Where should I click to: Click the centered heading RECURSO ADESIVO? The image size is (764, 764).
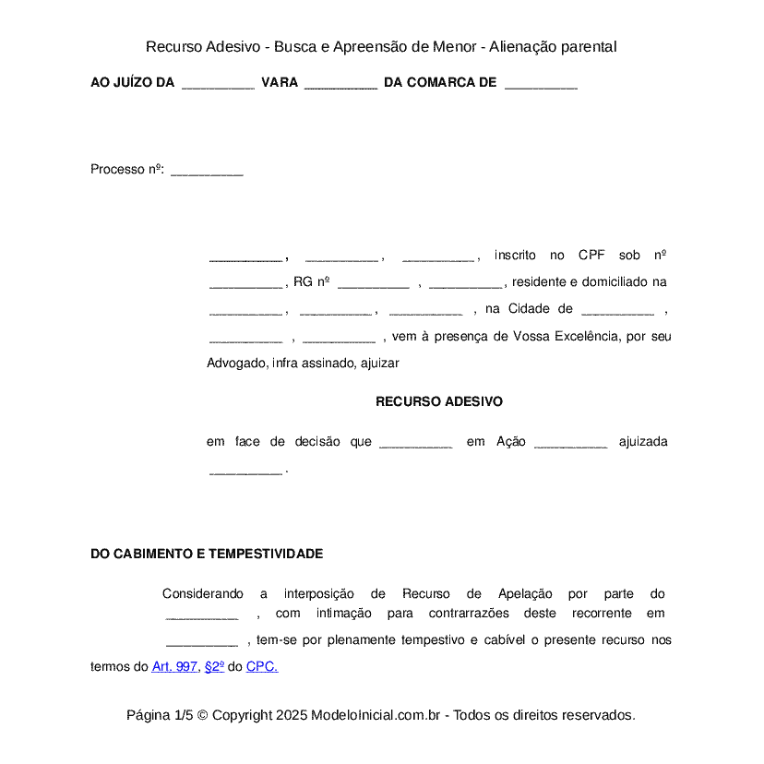(x=438, y=402)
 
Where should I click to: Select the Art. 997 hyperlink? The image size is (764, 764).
(x=174, y=666)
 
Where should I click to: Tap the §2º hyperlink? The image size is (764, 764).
(x=214, y=666)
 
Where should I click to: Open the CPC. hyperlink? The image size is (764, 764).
(x=262, y=666)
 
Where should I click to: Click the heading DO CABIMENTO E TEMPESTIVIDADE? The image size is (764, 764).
(x=207, y=554)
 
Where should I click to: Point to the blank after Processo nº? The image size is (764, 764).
(x=207, y=172)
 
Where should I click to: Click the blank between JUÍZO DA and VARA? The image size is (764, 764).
(x=218, y=85)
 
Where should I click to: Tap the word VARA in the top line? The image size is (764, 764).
(x=280, y=83)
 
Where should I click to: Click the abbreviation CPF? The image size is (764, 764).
(x=591, y=256)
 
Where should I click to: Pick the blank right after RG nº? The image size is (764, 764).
(x=373, y=285)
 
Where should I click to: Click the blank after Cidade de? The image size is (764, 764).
(x=617, y=312)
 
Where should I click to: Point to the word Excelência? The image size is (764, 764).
(x=588, y=336)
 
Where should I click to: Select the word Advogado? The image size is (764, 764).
(x=237, y=363)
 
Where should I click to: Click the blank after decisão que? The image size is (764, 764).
(x=415, y=445)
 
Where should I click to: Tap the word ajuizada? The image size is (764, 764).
(x=642, y=442)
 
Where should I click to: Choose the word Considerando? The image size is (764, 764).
(x=203, y=593)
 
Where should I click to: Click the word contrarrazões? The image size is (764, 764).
(x=470, y=614)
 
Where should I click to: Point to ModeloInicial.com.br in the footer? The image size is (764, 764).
(x=380, y=715)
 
